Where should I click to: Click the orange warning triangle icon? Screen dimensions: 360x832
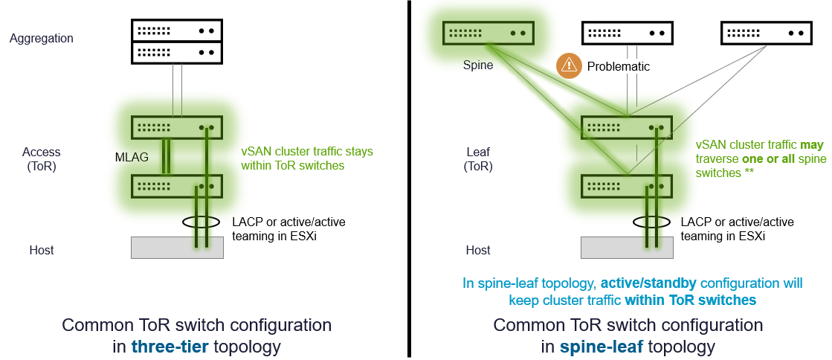pyautogui.click(x=569, y=66)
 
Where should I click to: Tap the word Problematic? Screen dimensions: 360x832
pyautogui.click(x=618, y=66)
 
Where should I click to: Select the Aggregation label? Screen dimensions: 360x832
pyautogui.click(x=42, y=38)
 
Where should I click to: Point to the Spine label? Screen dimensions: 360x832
pyautogui.click(x=477, y=65)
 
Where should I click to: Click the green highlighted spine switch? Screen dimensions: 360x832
pyautogui.click(x=488, y=33)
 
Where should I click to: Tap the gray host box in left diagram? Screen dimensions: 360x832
pyautogui.click(x=177, y=248)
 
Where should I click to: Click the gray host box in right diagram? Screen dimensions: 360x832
pyautogui.click(x=626, y=248)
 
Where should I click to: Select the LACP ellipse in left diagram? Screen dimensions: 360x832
pyautogui.click(x=201, y=222)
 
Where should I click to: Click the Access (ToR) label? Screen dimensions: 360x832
pyautogui.click(x=42, y=159)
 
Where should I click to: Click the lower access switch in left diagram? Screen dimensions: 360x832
pyautogui.click(x=177, y=185)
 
